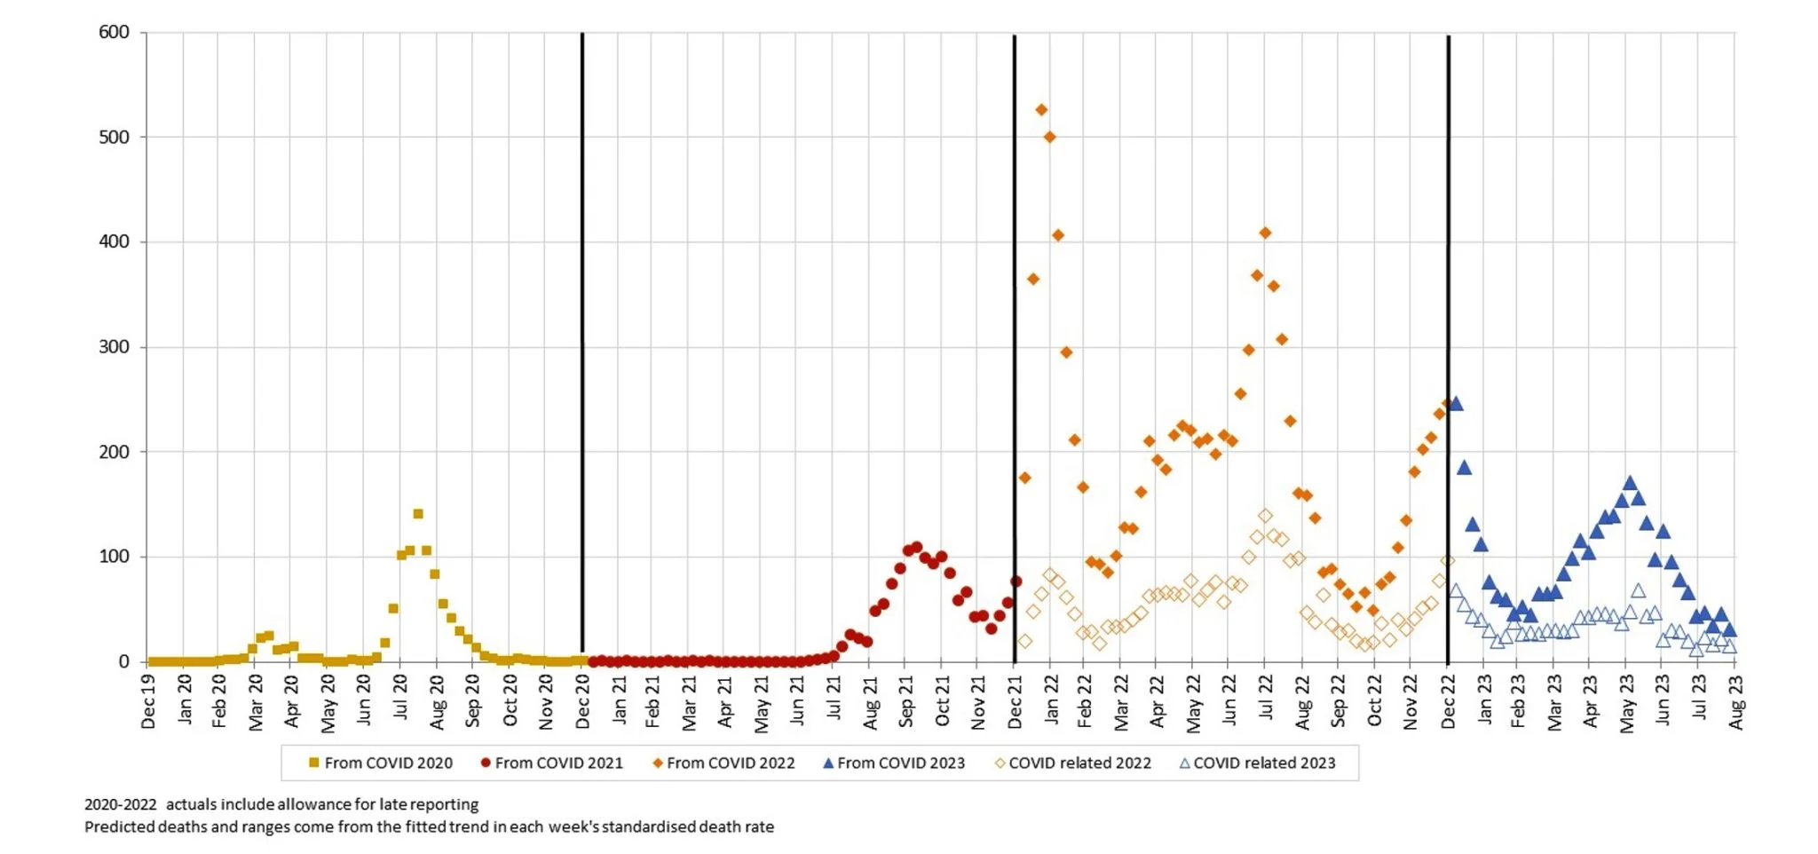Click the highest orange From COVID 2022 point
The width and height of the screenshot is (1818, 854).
point(1041,110)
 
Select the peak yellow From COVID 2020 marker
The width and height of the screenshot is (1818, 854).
point(418,514)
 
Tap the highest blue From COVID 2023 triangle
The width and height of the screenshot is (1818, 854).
point(1456,404)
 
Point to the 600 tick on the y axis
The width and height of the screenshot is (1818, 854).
point(114,33)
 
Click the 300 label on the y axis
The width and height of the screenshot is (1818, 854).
point(114,347)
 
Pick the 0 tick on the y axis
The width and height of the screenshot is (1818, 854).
point(124,661)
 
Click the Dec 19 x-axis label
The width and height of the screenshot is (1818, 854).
point(148,701)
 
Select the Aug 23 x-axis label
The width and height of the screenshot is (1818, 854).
point(1736,701)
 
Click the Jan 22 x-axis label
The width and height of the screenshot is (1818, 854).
point(1051,699)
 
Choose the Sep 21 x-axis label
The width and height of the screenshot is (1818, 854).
point(905,700)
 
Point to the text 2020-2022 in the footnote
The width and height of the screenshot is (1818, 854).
point(121,805)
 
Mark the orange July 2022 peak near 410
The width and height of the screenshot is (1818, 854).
point(1265,233)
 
